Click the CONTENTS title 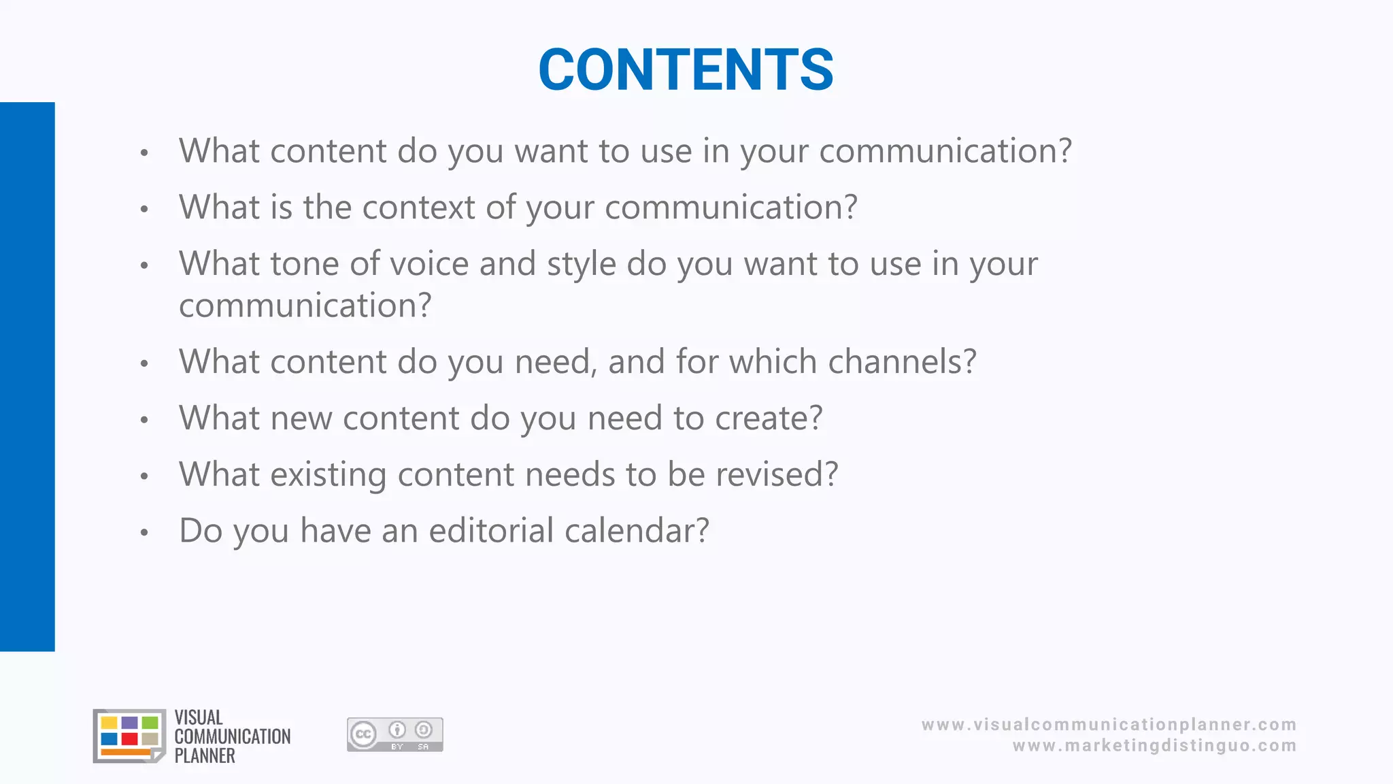pyautogui.click(x=686, y=69)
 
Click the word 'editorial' pyautogui.click(x=491, y=531)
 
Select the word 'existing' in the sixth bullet pyautogui.click(x=329, y=475)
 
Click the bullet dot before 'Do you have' pyautogui.click(x=144, y=532)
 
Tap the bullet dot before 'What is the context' pyautogui.click(x=144, y=209)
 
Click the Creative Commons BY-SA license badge pyautogui.click(x=395, y=735)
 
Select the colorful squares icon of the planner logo pyautogui.click(x=129, y=736)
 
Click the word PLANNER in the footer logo pyautogui.click(x=205, y=756)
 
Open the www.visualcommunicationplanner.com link pyautogui.click(x=1109, y=725)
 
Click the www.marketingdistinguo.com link pyautogui.click(x=1154, y=746)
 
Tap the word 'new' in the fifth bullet pyautogui.click(x=301, y=419)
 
